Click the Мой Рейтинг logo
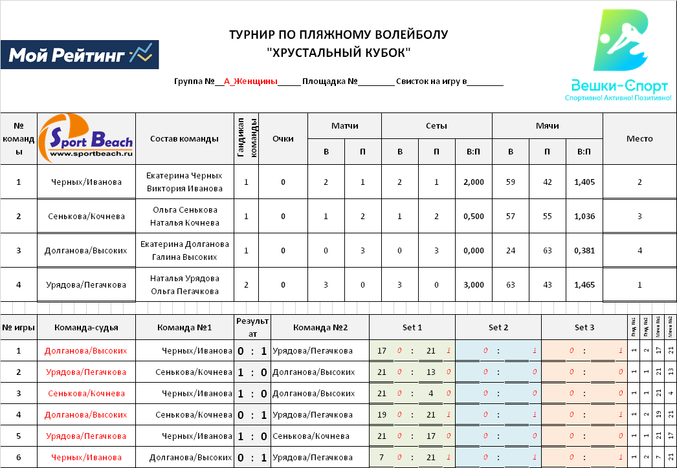click(80, 56)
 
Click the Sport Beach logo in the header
click(86, 138)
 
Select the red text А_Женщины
click(250, 81)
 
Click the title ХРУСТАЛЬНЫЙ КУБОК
click(338, 52)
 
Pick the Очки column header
click(283, 138)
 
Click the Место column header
click(639, 138)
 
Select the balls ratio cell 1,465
click(584, 285)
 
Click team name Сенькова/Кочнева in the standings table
click(86, 217)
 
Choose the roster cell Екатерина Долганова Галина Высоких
click(184, 251)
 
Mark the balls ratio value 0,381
click(584, 251)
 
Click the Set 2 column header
click(498, 327)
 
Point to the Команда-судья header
click(86, 327)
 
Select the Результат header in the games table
click(252, 327)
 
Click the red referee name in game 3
click(86, 394)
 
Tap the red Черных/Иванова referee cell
click(86, 458)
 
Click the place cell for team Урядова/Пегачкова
click(639, 285)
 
